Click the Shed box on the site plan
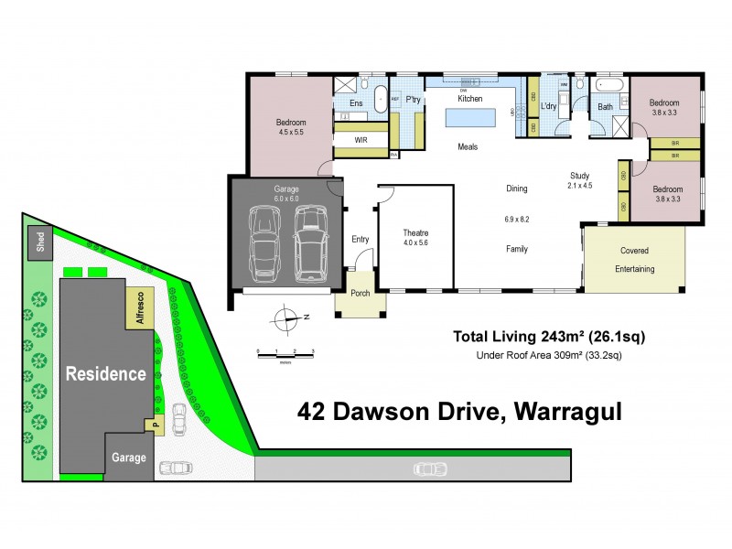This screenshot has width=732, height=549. click(39, 242)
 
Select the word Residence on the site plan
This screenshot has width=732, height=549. click(104, 373)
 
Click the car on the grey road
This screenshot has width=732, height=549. click(430, 469)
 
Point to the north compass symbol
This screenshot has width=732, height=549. click(289, 319)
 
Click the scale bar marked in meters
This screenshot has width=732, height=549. click(285, 353)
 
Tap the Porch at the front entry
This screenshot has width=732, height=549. click(360, 294)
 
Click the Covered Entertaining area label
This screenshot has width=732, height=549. click(635, 259)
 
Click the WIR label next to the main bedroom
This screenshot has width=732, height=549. click(361, 140)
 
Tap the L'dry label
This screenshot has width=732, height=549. click(549, 107)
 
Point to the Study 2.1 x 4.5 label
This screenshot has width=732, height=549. click(580, 179)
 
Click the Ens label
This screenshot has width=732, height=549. click(356, 104)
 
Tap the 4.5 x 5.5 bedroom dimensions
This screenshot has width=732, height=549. click(291, 132)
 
